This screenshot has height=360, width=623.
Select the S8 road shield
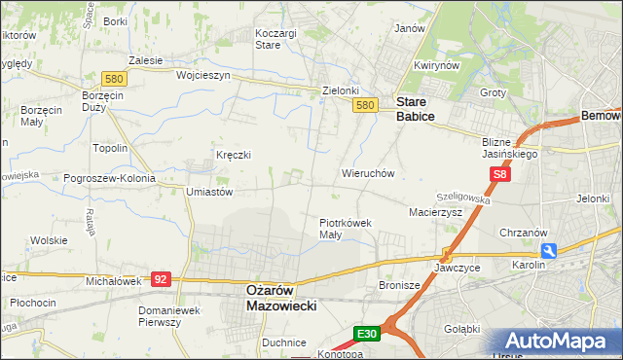[499, 174]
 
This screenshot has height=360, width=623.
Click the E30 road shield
[366, 334]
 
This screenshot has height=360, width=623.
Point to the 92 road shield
[161, 278]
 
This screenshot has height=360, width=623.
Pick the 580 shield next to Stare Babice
[365, 105]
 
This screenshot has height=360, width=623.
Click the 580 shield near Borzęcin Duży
[115, 78]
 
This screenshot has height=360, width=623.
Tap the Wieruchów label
[367, 174]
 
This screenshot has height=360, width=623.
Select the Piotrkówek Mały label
[346, 229]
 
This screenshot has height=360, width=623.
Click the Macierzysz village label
[435, 211]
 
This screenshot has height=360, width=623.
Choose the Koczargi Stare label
[275, 38]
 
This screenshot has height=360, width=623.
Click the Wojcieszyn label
[202, 75]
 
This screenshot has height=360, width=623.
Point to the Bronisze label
[398, 286]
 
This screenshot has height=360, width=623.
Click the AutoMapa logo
[558, 342]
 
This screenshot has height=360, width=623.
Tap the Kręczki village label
[234, 156]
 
